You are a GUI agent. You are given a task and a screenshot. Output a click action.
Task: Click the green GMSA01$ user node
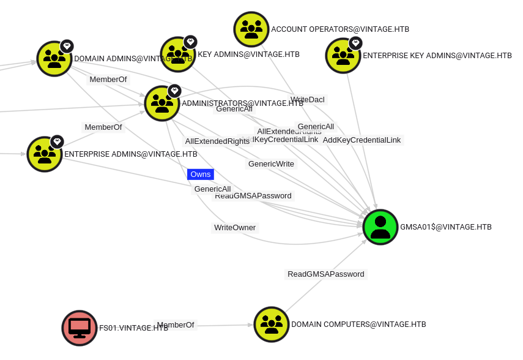click(x=380, y=227)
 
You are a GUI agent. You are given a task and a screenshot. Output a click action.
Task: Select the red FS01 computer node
click(x=80, y=328)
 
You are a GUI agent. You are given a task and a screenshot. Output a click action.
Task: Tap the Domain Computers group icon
click(x=271, y=324)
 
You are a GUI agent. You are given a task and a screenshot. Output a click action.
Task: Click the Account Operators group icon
click(x=251, y=29)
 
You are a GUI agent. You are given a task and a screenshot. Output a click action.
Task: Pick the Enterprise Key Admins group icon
click(x=343, y=56)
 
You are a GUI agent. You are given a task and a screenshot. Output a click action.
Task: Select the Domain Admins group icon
click(x=54, y=59)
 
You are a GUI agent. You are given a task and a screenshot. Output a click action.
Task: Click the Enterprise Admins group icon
click(x=45, y=154)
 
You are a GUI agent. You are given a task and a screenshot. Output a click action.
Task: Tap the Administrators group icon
click(x=162, y=103)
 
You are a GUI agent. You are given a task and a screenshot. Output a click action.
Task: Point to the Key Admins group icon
click(x=177, y=54)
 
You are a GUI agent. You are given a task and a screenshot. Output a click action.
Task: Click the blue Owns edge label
click(x=201, y=174)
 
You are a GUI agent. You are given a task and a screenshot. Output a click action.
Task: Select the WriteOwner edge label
click(x=235, y=228)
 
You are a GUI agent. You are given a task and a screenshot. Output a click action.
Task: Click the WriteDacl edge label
click(x=308, y=99)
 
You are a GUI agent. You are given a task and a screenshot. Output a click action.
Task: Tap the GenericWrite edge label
click(x=271, y=164)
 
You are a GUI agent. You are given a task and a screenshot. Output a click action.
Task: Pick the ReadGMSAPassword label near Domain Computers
click(x=326, y=274)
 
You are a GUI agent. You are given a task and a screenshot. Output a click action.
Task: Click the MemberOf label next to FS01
click(x=176, y=325)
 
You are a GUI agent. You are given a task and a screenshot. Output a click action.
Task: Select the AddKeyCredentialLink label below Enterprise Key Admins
click(x=362, y=140)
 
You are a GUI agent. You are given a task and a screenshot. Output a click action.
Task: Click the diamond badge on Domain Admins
click(x=67, y=46)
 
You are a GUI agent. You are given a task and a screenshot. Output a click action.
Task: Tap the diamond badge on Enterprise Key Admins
click(x=355, y=43)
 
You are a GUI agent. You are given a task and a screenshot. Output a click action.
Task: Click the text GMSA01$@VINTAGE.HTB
click(x=446, y=227)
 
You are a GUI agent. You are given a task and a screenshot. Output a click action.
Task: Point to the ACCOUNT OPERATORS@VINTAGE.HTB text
click(x=340, y=29)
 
